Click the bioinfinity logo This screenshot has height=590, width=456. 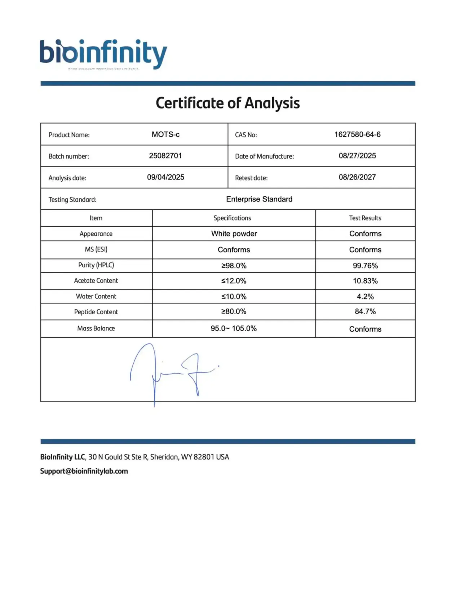coord(103,54)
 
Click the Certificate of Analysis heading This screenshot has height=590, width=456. coord(227,103)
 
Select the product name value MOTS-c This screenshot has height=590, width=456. coord(165,134)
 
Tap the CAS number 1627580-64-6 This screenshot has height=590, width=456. coord(357,134)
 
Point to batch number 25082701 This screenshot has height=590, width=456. coord(165,156)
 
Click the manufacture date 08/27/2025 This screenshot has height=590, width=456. coord(357,156)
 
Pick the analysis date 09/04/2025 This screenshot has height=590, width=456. coord(165,177)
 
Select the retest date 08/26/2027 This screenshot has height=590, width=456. coord(357,177)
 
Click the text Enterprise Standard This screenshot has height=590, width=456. coord(259,199)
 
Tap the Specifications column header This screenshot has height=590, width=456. coord(232,218)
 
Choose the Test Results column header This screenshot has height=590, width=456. coord(365,218)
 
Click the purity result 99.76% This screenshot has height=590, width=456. coord(365,266)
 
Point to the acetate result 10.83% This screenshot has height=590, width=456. coord(365,281)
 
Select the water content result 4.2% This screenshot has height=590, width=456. coord(365,297)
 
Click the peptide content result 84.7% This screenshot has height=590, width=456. coord(365,311)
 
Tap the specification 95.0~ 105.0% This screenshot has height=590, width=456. coord(234,328)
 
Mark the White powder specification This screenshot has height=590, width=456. coord(234,234)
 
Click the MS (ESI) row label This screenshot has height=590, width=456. coord(96,249)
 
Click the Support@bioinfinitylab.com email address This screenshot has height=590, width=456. coord(84,471)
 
